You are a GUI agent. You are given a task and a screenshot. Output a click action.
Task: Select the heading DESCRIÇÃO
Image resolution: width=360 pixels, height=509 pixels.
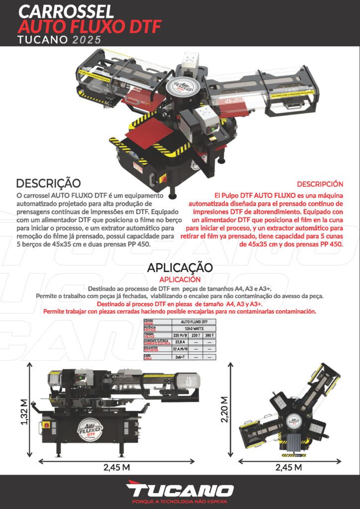[48, 183]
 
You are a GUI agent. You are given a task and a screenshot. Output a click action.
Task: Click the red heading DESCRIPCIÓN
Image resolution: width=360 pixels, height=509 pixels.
[320, 184]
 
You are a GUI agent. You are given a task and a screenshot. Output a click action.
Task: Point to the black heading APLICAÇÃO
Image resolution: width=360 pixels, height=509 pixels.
[180, 267]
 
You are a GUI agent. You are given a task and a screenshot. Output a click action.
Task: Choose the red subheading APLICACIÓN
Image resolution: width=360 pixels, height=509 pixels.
[180, 279]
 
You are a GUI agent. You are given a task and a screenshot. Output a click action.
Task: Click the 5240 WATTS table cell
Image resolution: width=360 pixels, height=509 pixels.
[194, 329]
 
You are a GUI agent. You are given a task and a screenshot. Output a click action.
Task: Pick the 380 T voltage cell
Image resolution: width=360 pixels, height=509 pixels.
[209, 336]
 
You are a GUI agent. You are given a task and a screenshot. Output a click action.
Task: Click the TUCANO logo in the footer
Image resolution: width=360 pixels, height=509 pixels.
[180, 490]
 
